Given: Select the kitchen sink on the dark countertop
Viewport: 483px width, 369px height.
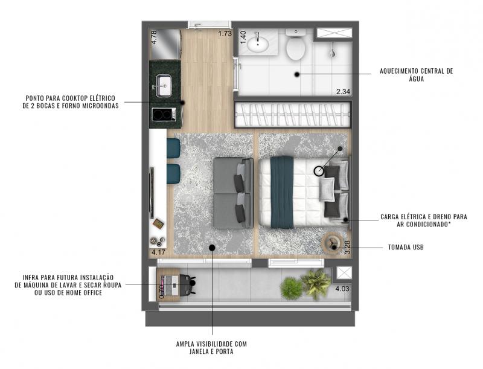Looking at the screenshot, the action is click(x=164, y=86).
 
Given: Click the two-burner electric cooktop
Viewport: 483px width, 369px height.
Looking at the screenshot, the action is click(x=164, y=115).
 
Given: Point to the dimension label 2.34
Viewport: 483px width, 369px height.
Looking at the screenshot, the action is click(x=343, y=91).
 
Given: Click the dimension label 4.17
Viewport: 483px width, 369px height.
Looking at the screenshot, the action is click(x=158, y=252).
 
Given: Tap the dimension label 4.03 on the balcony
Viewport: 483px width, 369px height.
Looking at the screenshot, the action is click(x=342, y=289).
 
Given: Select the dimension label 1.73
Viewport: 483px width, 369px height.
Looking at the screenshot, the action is click(x=225, y=33).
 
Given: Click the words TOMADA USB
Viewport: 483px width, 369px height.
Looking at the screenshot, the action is click(x=406, y=247).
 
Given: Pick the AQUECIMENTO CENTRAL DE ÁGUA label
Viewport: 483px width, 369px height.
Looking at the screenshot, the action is click(x=416, y=75).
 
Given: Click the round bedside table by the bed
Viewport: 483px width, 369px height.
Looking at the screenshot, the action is click(x=332, y=242).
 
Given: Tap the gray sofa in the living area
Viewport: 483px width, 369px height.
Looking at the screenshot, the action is click(x=233, y=193).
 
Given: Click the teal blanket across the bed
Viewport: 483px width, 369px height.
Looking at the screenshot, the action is click(x=282, y=193).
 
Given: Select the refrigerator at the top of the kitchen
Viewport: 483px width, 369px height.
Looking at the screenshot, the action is click(x=165, y=44).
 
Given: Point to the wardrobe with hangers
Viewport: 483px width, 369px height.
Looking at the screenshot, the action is click(x=293, y=115).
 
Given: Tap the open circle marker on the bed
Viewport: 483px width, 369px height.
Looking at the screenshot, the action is click(x=319, y=171).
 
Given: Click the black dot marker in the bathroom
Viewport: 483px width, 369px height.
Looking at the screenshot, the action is click(x=297, y=74).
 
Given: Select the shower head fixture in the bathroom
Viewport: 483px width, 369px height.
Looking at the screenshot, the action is click(x=332, y=53).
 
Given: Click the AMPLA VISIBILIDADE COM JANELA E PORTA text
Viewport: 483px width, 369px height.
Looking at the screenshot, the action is click(x=211, y=348).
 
